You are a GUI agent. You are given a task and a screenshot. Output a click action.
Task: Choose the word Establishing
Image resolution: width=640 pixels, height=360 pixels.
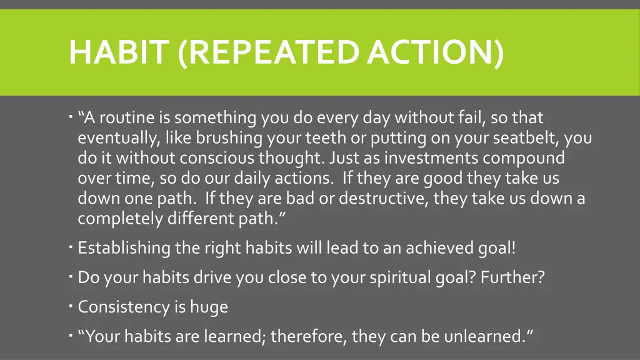(x=124, y=248)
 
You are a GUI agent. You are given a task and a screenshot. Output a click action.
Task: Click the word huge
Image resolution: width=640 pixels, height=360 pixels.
(x=209, y=307)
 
